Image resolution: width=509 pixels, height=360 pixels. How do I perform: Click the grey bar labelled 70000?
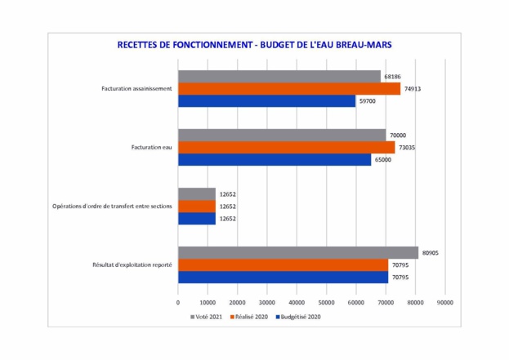coord(282,135)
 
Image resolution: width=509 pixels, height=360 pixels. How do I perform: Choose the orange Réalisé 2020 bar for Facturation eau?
coord(286,147)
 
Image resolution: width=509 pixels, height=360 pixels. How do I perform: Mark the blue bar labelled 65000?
coord(275,160)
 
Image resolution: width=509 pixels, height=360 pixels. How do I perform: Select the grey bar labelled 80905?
coord(298,253)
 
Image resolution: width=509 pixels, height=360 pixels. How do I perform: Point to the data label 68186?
coord(393,76)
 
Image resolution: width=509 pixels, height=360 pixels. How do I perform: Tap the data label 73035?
coord(407,148)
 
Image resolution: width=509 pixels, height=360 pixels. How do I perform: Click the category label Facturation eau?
coord(151,148)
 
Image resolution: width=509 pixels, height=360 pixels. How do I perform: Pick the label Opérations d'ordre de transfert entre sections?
coord(112,207)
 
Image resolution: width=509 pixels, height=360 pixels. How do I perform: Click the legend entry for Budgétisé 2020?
coord(298,316)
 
